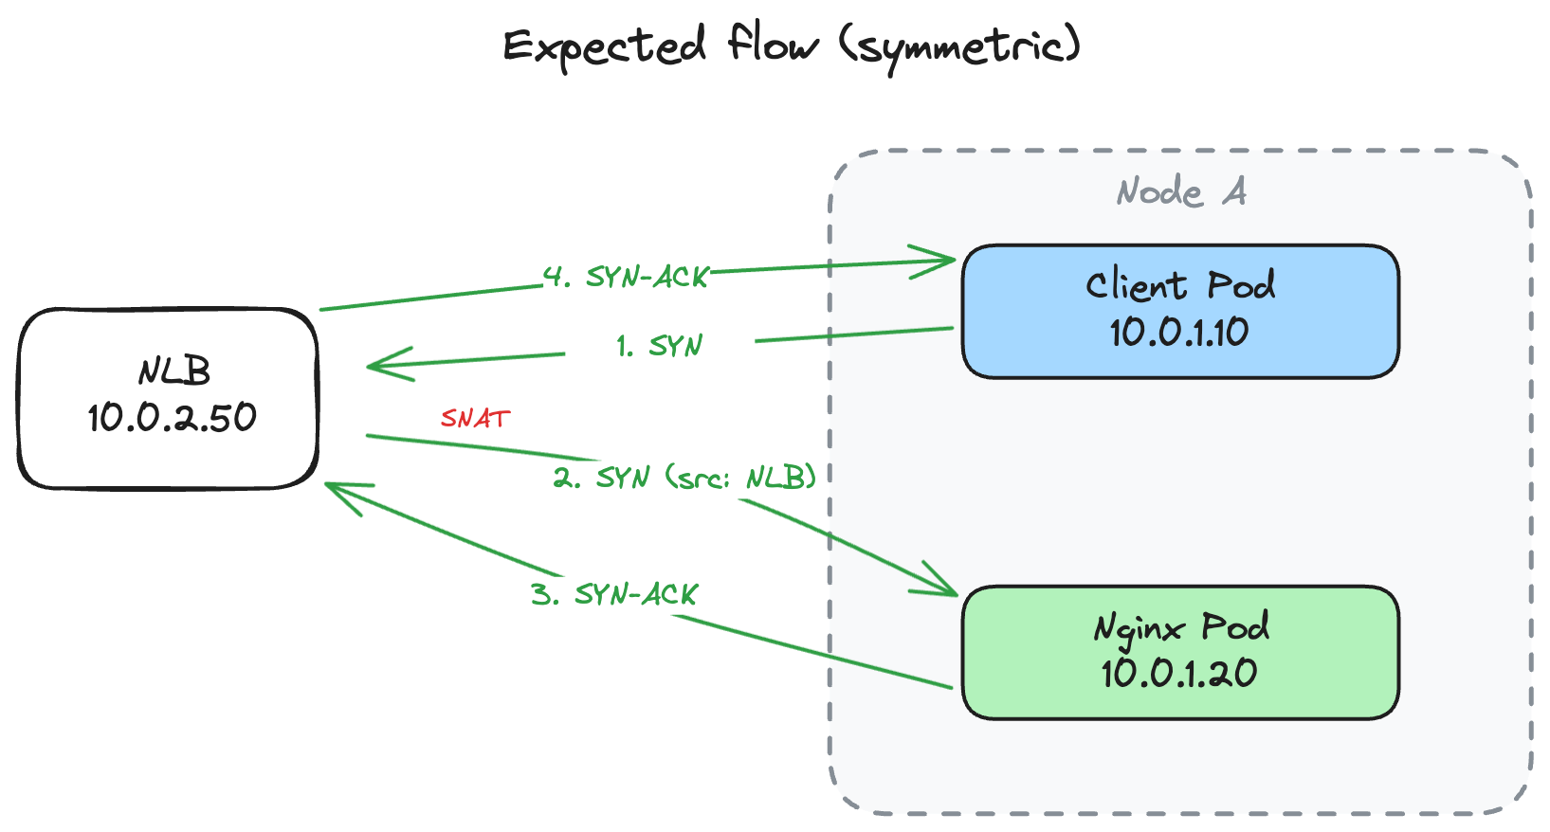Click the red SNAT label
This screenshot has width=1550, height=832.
(x=475, y=418)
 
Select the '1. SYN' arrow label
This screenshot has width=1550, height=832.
(x=660, y=346)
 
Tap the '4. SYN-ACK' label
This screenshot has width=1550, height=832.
(x=626, y=277)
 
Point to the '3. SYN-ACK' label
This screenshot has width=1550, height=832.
(x=614, y=594)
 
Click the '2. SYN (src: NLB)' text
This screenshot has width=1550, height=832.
(x=684, y=477)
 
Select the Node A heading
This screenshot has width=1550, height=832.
(x=1180, y=192)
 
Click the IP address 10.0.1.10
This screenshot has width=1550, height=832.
(x=1179, y=333)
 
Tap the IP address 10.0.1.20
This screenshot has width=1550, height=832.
(x=1179, y=674)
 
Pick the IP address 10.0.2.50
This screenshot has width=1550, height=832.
(x=172, y=418)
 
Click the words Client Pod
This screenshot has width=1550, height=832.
(x=1179, y=285)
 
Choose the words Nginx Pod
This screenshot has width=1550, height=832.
(x=1180, y=628)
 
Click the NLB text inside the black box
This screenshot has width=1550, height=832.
(x=174, y=371)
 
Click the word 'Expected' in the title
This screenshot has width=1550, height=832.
(x=605, y=45)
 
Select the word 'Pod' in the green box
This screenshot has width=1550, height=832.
(x=1235, y=626)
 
